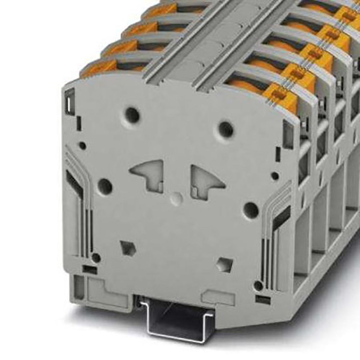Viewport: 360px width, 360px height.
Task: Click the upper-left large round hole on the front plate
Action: pyautogui.click(x=132, y=114)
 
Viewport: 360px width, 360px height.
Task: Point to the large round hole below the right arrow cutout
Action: pyautogui.click(x=251, y=210)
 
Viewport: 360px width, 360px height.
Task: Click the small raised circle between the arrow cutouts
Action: pyautogui.click(x=177, y=197)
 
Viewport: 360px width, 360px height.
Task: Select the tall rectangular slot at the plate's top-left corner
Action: pyautogui.click(x=70, y=100)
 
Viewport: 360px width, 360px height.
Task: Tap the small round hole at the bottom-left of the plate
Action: pyautogui.click(x=95, y=257)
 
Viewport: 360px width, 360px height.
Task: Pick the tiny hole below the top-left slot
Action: pyautogui.click(x=82, y=145)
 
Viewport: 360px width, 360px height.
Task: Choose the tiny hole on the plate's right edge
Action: pyautogui.click(x=274, y=176)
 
